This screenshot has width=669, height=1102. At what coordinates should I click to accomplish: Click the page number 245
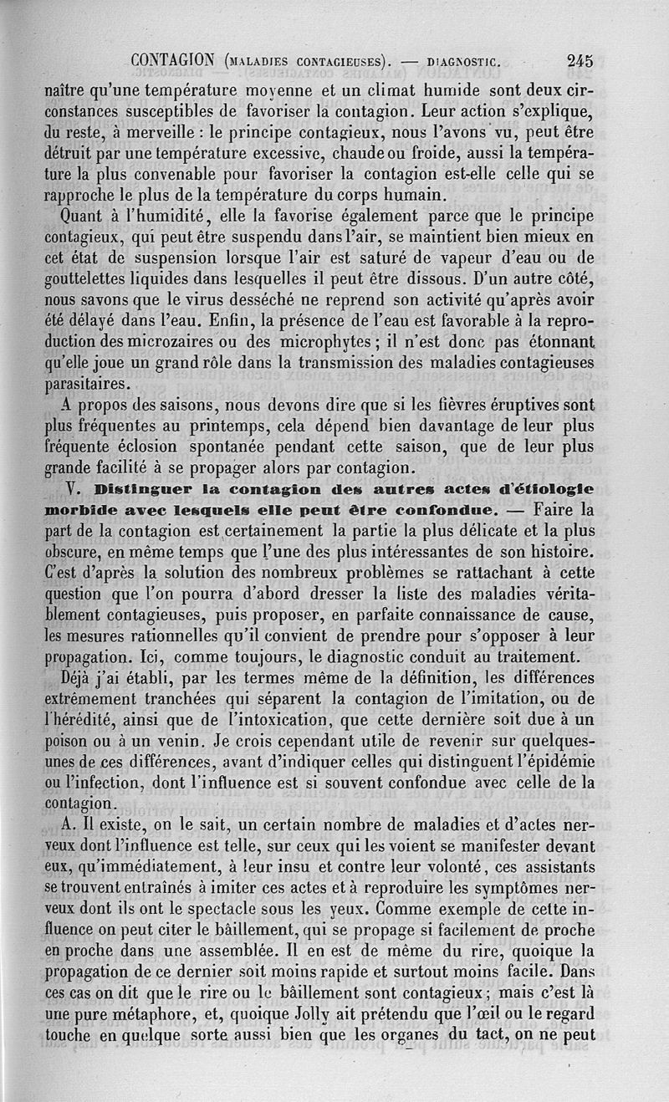579,60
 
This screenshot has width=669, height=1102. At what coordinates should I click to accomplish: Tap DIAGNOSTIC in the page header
462,60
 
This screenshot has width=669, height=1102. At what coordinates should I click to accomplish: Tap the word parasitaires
87,385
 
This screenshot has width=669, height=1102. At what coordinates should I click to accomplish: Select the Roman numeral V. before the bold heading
73,488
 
